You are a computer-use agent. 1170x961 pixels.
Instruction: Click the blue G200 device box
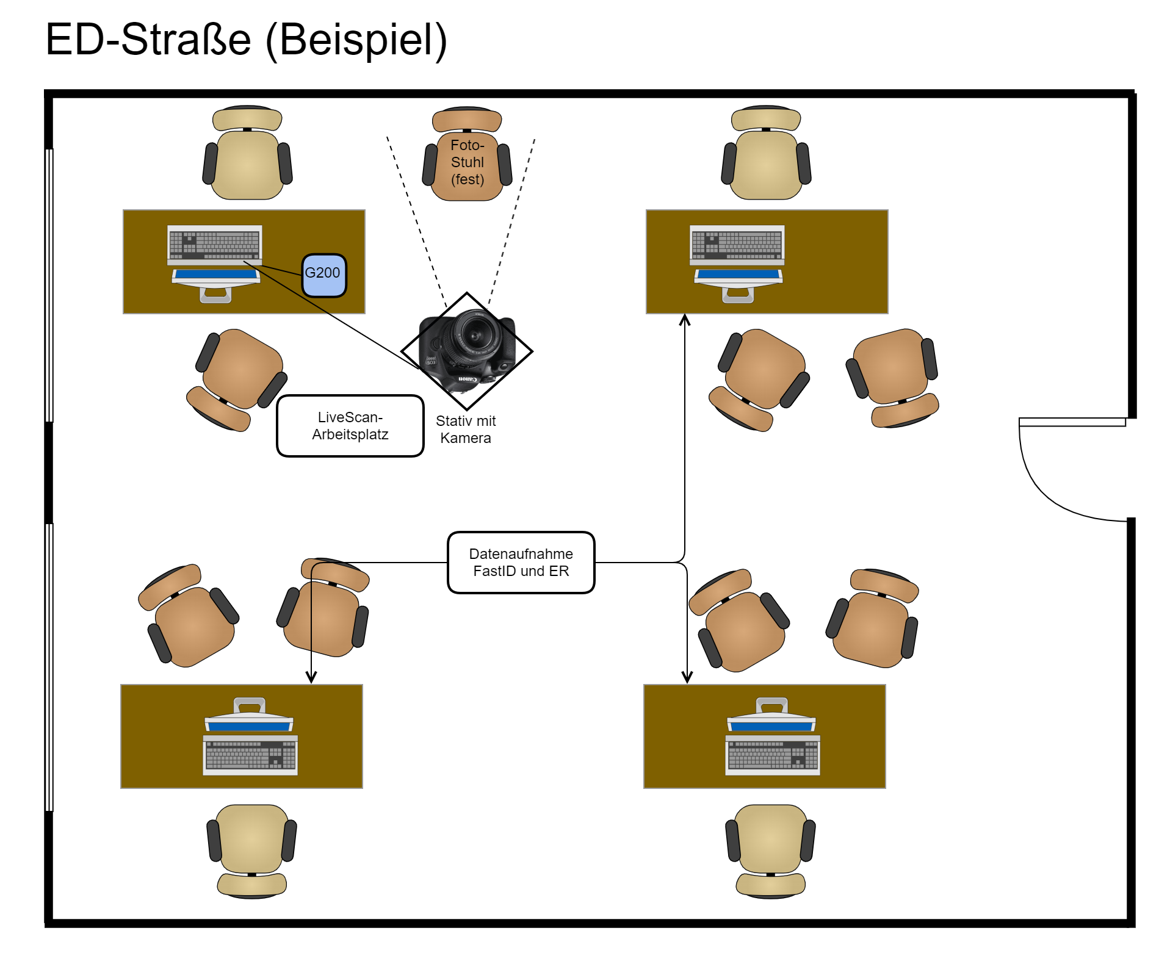pyautogui.click(x=323, y=275)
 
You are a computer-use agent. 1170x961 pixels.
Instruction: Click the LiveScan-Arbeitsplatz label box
pyautogui.click(x=350, y=426)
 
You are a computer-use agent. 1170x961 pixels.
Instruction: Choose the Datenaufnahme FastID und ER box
pyautogui.click(x=521, y=563)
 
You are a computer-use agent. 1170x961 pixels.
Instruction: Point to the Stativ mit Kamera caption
pyautogui.click(x=466, y=430)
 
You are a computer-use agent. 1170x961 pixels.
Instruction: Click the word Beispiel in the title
pyautogui.click(x=356, y=40)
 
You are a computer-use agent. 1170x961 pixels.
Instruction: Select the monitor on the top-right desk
pyautogui.click(x=738, y=284)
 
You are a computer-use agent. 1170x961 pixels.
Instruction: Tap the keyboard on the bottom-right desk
pyautogui.click(x=773, y=755)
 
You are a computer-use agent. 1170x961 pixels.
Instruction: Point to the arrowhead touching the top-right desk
pyautogui.click(x=685, y=319)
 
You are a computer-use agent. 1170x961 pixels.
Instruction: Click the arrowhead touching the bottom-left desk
pyautogui.click(x=311, y=678)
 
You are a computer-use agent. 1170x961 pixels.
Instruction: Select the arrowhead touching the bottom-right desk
pyautogui.click(x=687, y=678)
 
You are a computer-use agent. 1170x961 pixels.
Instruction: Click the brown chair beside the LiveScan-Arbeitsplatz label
pyautogui.click(x=238, y=378)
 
